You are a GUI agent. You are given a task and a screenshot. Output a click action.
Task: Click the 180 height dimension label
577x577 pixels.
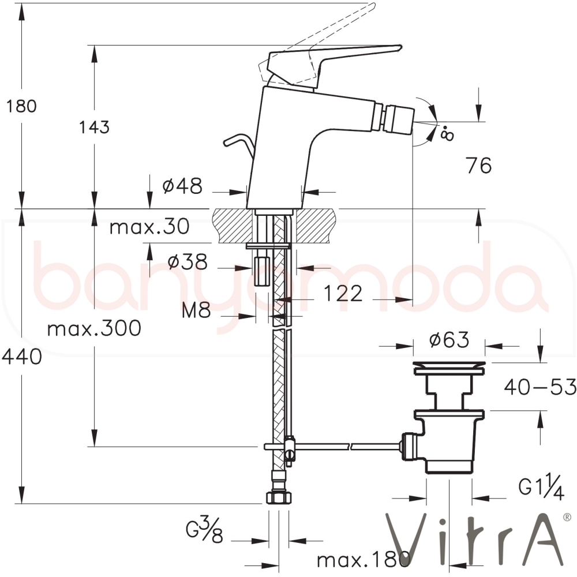(x=21, y=106)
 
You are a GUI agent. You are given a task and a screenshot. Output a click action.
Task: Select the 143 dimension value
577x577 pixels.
(x=94, y=127)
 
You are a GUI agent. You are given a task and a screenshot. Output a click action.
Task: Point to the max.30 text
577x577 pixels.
(x=149, y=226)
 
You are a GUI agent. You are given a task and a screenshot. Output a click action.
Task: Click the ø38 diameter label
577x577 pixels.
(x=188, y=262)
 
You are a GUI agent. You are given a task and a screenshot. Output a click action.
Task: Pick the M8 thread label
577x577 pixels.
(x=196, y=310)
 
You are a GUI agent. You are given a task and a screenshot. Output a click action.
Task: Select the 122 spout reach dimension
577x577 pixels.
(x=343, y=294)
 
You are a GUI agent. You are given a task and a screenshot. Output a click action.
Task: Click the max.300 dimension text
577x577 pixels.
(x=94, y=328)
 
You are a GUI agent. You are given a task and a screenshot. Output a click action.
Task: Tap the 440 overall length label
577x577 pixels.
(x=22, y=357)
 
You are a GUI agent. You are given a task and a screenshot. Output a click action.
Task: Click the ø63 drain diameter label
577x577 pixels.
(x=449, y=340)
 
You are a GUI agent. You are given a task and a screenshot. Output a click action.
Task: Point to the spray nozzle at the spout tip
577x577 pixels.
(x=399, y=118)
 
